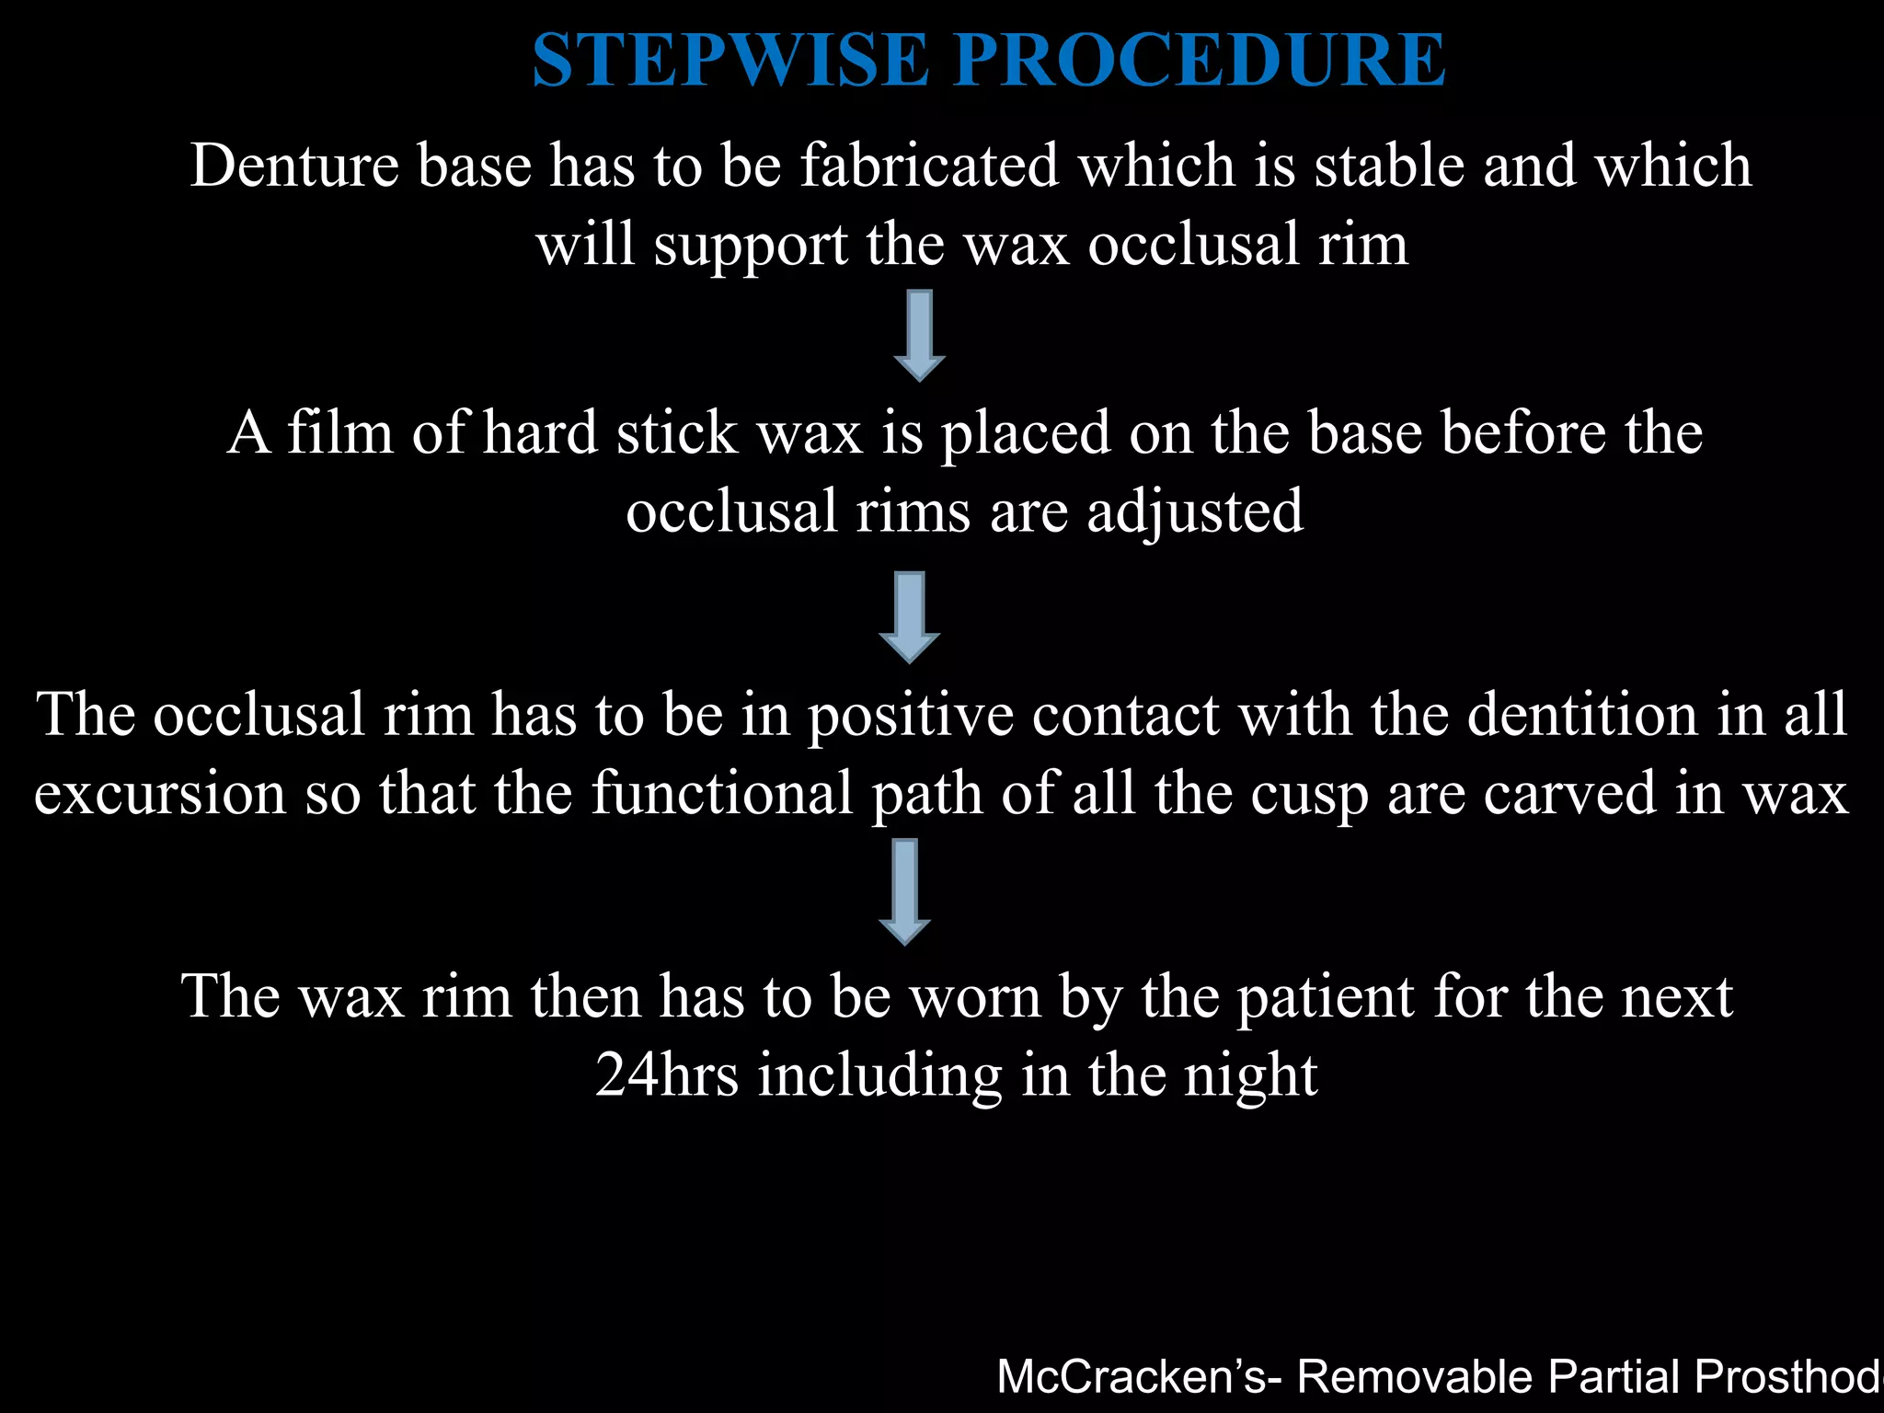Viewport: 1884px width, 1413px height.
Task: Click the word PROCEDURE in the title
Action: coord(1200,61)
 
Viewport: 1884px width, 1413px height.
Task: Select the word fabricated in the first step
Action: coord(929,167)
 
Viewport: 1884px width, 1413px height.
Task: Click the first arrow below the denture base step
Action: coord(919,335)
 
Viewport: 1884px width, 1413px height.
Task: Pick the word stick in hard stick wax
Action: coord(676,432)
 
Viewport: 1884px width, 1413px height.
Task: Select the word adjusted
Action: coord(1195,511)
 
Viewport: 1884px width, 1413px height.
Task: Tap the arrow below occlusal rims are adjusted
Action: coord(909,616)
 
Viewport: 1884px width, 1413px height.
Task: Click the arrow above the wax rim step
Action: coord(905,890)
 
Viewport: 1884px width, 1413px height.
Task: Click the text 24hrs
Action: coord(666,1075)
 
